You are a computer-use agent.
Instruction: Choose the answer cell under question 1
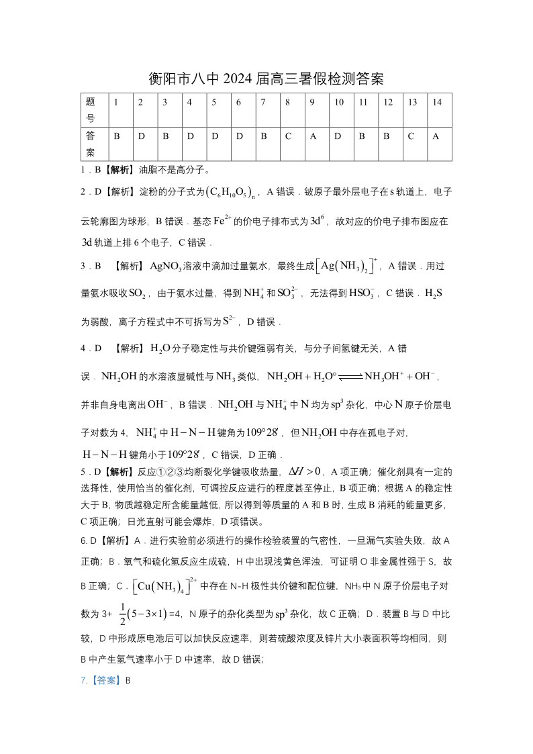point(117,136)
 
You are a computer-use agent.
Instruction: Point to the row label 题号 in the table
point(91,110)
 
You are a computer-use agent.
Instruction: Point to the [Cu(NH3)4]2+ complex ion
point(164,585)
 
